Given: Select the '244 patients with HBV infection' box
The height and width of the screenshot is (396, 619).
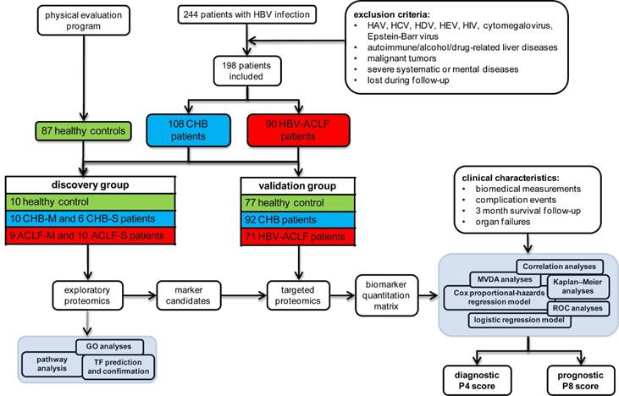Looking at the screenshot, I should (x=248, y=14).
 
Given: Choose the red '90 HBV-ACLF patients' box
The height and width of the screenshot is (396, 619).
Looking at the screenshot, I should (x=287, y=129).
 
